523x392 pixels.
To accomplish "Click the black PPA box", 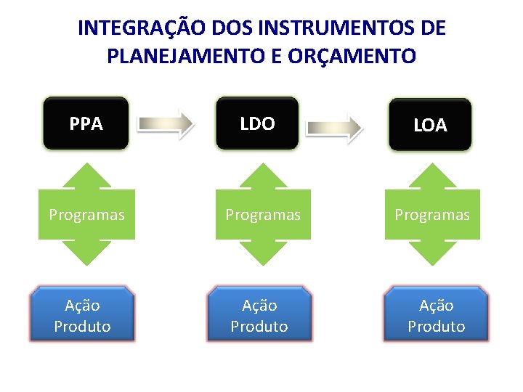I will tap(86, 124).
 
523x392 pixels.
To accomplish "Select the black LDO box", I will tap(257, 124).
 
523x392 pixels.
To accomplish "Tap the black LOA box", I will tap(430, 126).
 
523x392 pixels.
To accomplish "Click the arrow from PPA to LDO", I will tap(168, 124).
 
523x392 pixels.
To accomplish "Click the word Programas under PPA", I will tap(86, 215).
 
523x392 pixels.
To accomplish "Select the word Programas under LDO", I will tap(263, 215).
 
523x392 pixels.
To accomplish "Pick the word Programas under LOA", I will tap(432, 215).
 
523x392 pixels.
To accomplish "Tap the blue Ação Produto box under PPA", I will tap(82, 315).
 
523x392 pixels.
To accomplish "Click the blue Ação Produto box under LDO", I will tap(259, 315).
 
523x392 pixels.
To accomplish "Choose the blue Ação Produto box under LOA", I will tap(436, 315).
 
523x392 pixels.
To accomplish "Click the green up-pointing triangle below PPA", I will tap(86, 177).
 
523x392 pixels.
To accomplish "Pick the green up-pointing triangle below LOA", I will tap(432, 177).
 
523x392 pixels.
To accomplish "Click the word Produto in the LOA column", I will tap(436, 327).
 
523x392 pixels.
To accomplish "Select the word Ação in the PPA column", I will tap(82, 305).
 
